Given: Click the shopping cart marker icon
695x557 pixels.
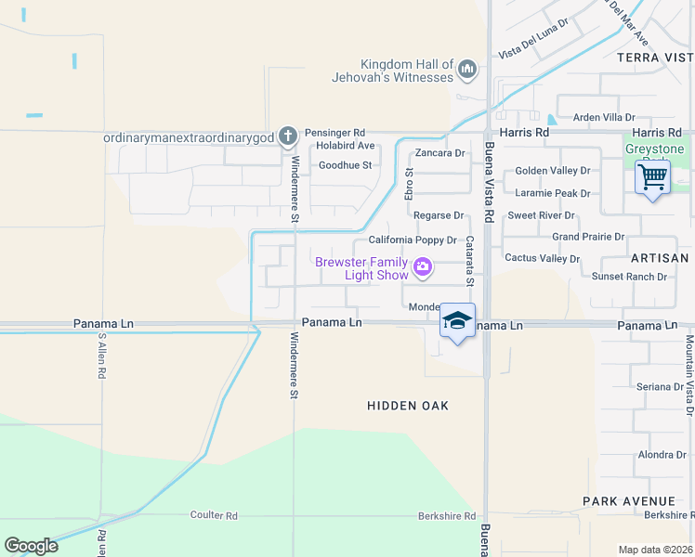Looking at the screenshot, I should [652, 175].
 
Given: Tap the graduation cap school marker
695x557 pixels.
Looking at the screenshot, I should [457, 321].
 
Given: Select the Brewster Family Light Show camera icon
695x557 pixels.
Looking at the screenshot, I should [424, 268].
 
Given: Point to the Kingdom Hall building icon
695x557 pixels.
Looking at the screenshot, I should [467, 70].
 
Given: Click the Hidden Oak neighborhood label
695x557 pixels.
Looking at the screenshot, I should [408, 406].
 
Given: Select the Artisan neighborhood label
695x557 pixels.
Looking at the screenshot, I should [661, 258].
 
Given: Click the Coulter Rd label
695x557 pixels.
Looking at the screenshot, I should [215, 515].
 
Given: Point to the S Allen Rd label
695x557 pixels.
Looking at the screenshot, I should [99, 356].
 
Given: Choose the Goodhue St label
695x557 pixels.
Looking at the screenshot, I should [345, 165].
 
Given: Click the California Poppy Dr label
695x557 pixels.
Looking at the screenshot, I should [413, 240].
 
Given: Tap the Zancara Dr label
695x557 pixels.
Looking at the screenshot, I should [439, 152].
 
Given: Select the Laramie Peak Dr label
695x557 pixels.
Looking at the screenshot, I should [553, 193].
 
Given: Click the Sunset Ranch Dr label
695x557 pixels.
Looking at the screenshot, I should [630, 277].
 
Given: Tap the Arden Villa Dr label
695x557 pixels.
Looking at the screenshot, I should [604, 118].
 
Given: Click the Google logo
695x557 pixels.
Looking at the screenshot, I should [31, 546].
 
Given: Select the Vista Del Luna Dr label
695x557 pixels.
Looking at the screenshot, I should [533, 37].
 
